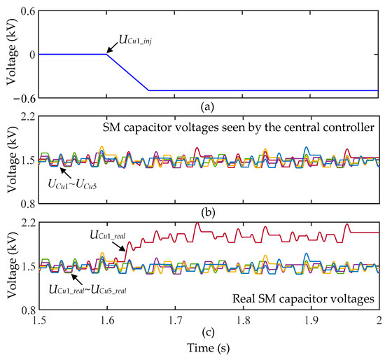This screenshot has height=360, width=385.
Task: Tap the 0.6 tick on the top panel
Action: [26, 12]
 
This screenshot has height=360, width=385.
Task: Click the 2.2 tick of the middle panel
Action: [26, 118]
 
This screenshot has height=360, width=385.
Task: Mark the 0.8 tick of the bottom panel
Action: [26, 310]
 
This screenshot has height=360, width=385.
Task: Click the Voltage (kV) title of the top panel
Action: [10, 54]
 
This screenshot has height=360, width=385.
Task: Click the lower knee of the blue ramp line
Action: [148, 90]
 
